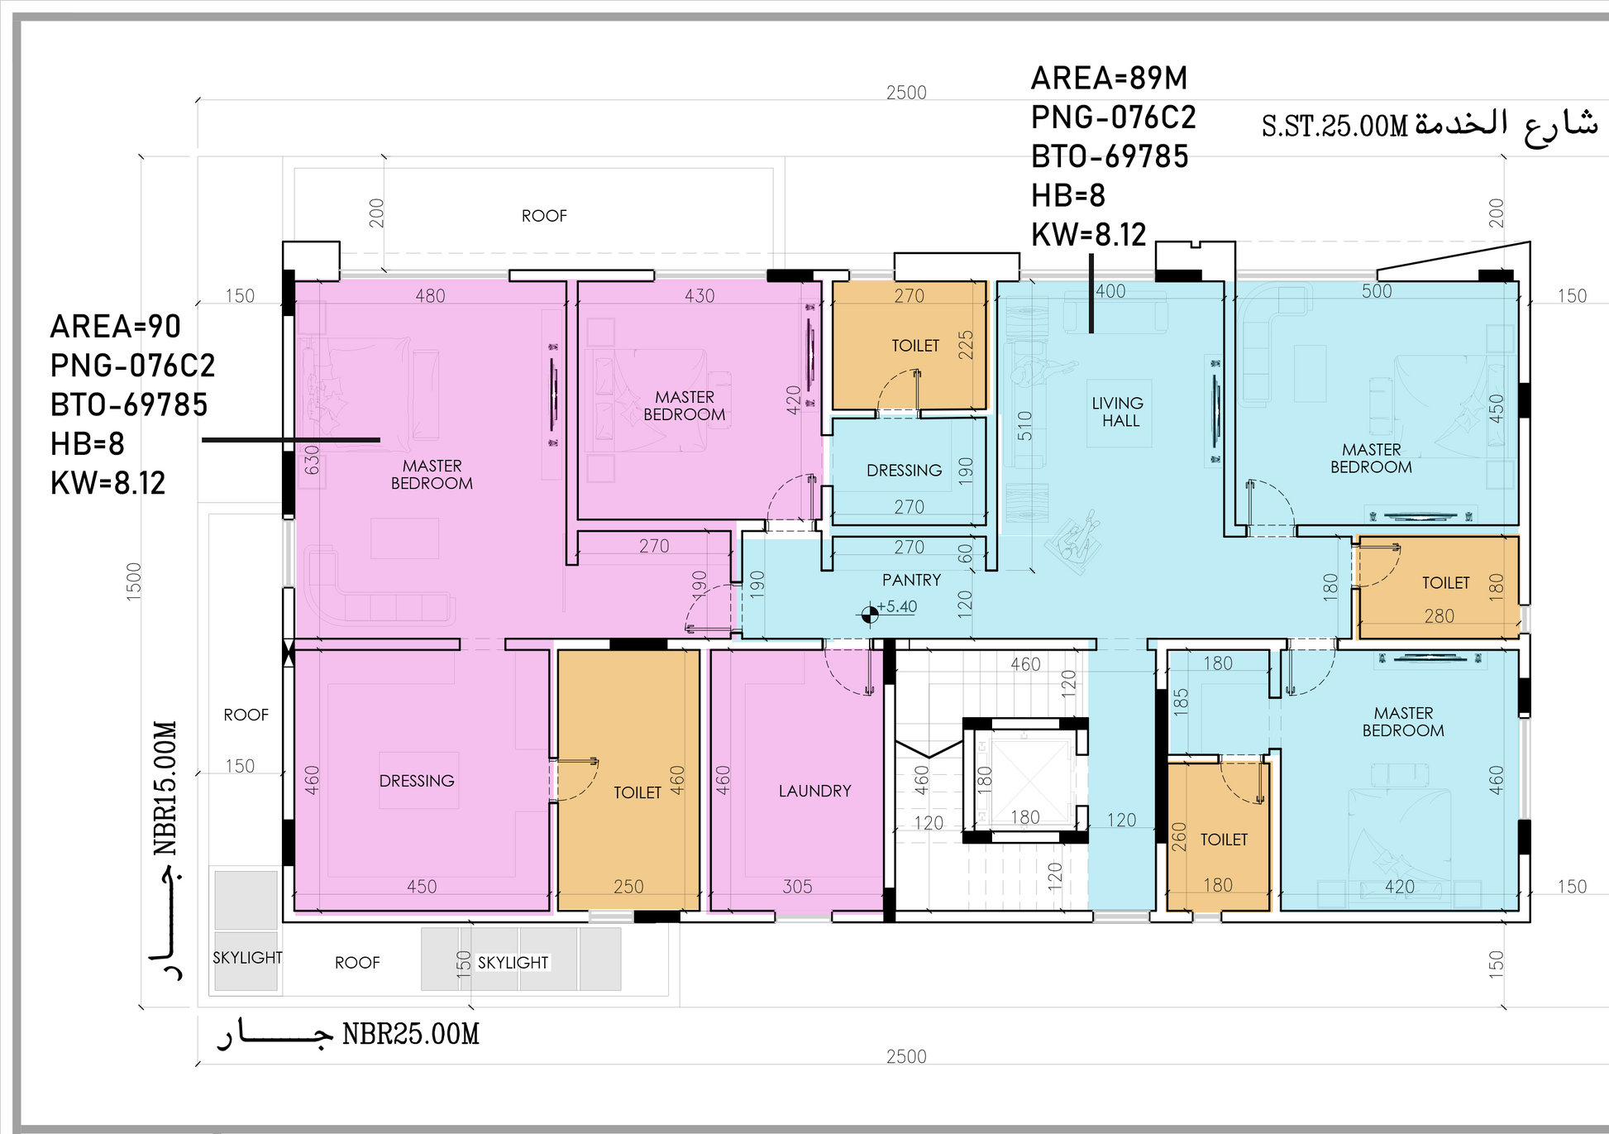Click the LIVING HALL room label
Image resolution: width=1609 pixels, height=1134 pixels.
1118,412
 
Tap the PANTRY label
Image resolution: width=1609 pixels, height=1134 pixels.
911,580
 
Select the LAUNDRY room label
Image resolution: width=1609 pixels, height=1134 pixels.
814,791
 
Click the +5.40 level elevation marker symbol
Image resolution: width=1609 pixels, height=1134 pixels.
870,615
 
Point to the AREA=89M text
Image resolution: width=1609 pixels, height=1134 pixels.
1109,79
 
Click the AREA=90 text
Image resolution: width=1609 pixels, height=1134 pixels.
115,327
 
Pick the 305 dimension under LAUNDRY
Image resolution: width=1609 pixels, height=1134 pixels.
797,887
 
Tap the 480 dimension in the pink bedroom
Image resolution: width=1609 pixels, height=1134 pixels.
430,296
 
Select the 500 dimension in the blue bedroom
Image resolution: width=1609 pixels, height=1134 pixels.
1377,291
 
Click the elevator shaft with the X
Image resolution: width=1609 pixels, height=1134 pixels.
1025,780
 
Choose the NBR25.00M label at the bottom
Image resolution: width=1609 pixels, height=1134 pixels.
411,1034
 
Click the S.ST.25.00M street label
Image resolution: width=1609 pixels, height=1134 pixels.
1334,127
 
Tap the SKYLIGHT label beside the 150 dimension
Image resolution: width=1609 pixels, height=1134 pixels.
513,963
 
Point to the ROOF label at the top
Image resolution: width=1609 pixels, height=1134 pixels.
544,216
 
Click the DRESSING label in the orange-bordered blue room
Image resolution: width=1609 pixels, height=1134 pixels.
904,471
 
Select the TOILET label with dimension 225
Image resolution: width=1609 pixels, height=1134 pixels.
915,346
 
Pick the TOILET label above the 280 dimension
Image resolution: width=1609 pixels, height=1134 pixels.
1445,583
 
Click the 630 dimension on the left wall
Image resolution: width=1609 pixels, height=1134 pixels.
312,460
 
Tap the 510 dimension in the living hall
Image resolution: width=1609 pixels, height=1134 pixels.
1025,425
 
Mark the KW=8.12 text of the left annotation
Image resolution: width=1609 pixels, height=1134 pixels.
108,483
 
